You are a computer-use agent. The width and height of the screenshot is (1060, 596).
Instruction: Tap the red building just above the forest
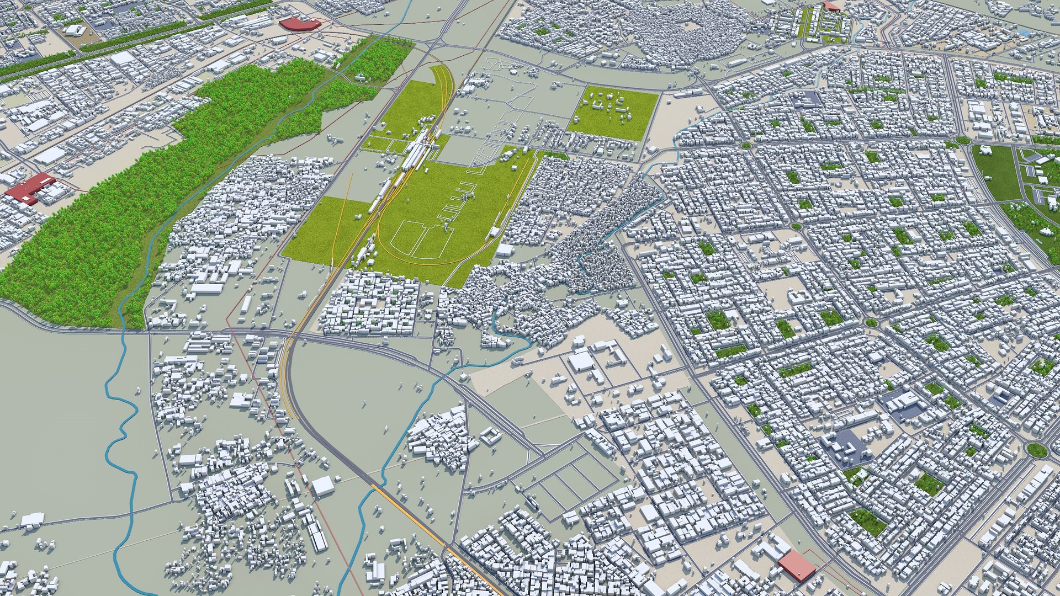[x=299, y=24]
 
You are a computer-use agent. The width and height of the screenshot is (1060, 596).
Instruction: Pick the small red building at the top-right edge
[x=830, y=5]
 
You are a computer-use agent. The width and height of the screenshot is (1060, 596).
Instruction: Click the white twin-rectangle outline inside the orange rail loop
[x=420, y=238]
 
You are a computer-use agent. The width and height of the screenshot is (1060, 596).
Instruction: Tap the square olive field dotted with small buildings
[x=613, y=113]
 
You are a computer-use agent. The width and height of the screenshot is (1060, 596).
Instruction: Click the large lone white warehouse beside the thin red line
[x=322, y=486]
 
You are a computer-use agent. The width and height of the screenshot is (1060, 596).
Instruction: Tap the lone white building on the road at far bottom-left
[x=33, y=519]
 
